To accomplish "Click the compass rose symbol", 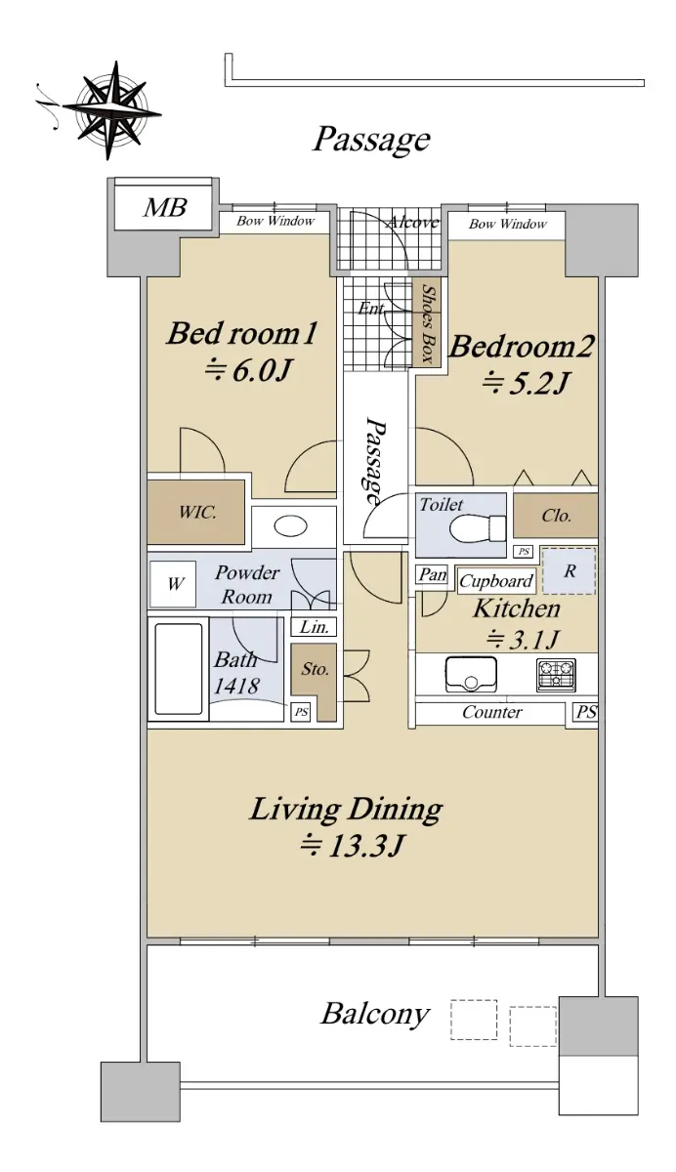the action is tap(111, 109).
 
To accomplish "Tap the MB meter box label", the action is tap(165, 207).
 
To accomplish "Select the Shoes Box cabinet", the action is tap(427, 323).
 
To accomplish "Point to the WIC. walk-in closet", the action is tap(195, 512).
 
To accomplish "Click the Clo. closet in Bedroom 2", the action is tap(555, 516).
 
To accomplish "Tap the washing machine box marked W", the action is tap(173, 584).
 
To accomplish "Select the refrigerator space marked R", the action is tap(569, 570).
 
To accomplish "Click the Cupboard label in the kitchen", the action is tap(496, 581).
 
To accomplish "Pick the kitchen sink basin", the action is tap(471, 674).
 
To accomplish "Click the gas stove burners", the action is tap(556, 675).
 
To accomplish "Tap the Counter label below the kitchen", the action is tap(491, 712).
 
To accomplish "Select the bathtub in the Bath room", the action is tap(179, 669).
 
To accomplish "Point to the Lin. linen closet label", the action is tap(314, 627).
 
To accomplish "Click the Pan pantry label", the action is tap(433, 574).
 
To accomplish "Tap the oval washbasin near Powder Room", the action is tap(290, 525).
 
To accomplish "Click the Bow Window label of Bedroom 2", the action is tap(508, 224).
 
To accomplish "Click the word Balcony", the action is tap(374, 1014).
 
